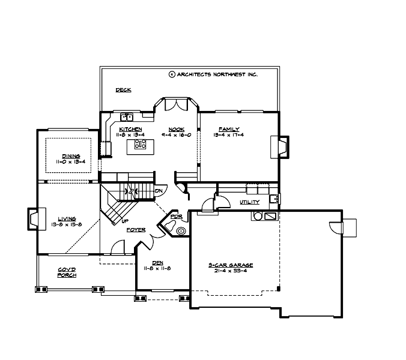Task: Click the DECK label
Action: pyautogui.click(x=123, y=90)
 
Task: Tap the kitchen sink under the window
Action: pyautogui.click(x=127, y=117)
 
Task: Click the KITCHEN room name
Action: pyautogui.click(x=130, y=129)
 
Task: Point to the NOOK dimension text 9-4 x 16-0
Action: pyautogui.click(x=176, y=135)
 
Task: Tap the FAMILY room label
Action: pyautogui.click(x=229, y=129)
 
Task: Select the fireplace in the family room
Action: pyautogui.click(x=280, y=146)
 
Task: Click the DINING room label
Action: pyautogui.click(x=70, y=156)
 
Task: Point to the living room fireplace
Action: pyautogui.click(x=33, y=219)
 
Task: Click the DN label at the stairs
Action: pyautogui.click(x=159, y=191)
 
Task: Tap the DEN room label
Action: pyautogui.click(x=158, y=262)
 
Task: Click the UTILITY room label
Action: pyautogui.click(x=249, y=202)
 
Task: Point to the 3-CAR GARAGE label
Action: pyautogui.click(x=231, y=264)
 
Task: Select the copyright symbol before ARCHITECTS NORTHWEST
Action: pyautogui.click(x=172, y=74)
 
